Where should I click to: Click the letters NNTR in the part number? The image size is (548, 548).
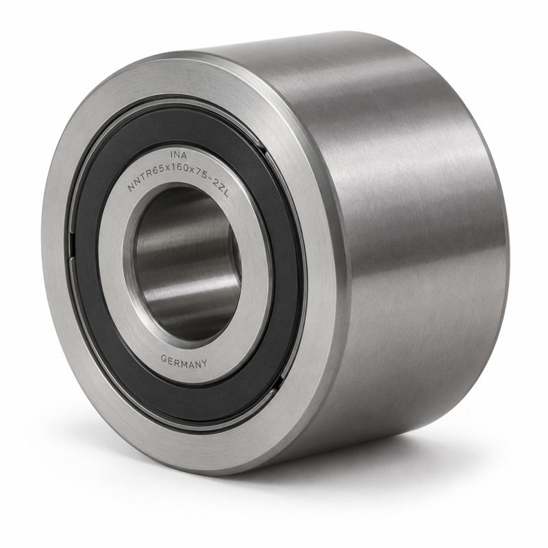pos(136,182)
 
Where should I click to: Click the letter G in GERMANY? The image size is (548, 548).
pos(164,358)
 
